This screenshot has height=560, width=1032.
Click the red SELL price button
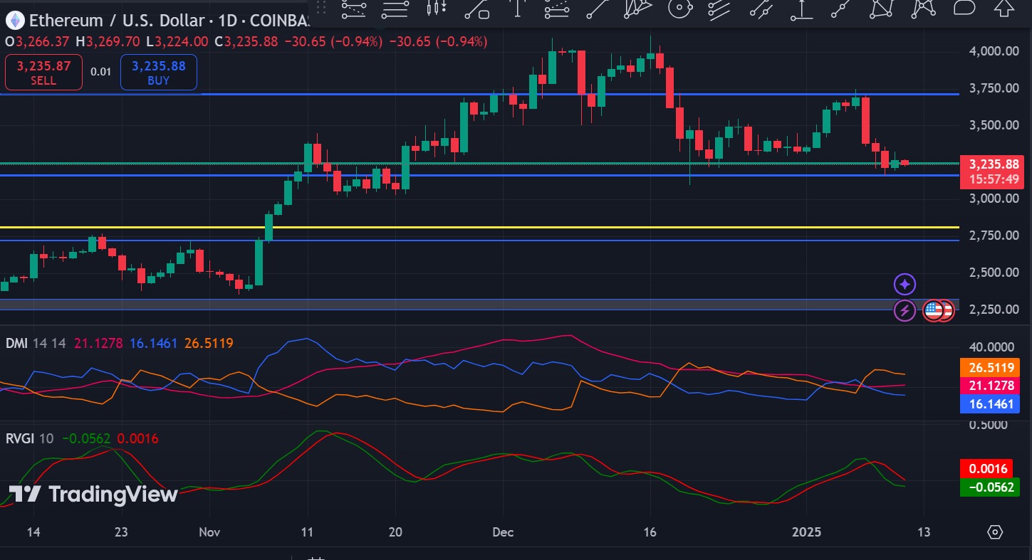[x=43, y=73]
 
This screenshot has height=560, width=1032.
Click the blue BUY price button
[x=158, y=73]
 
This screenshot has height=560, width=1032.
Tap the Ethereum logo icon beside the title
[x=15, y=21]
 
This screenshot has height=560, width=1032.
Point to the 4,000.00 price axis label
[x=994, y=51]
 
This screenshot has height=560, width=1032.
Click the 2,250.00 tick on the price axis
[x=994, y=310]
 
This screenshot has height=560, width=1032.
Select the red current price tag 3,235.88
[x=993, y=164]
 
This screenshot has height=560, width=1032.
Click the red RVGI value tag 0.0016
[x=989, y=469]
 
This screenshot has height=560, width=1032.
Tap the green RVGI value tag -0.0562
[x=989, y=487]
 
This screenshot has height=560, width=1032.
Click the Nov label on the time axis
[x=209, y=532]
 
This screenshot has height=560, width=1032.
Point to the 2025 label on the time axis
[x=806, y=532]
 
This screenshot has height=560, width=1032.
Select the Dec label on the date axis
[x=503, y=532]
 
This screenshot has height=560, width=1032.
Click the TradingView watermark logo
[x=93, y=494]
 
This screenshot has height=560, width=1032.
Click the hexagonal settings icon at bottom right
[x=995, y=532]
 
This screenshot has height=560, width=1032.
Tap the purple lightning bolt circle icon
[x=905, y=310]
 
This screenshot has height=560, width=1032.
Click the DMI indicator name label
[x=16, y=343]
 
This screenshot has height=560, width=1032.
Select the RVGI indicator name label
[x=19, y=438]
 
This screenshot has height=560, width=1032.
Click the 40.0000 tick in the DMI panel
[x=994, y=347]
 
